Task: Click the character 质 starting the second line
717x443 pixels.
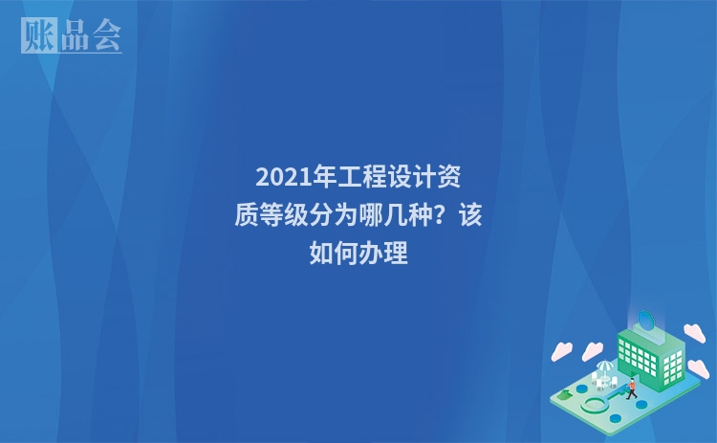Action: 246,215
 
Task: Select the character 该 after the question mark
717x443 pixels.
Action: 470,215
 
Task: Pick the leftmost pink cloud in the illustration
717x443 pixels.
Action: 561,351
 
